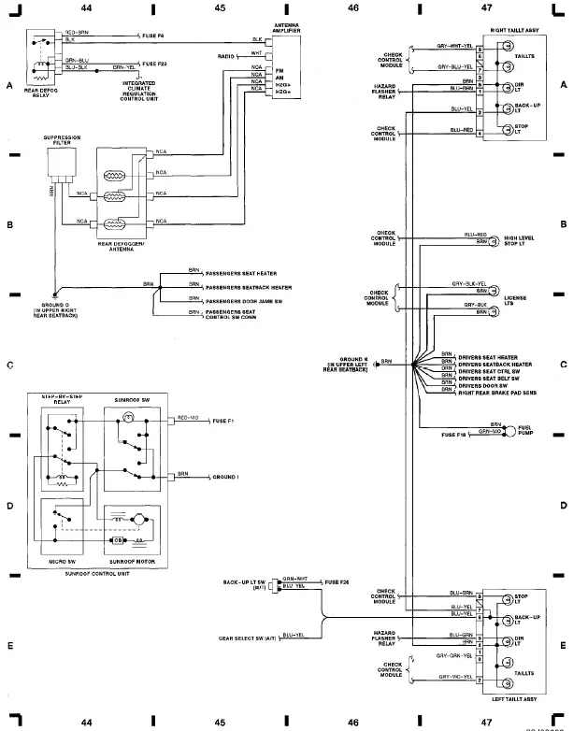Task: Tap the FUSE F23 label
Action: (x=156, y=64)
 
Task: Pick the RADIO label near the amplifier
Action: (x=224, y=56)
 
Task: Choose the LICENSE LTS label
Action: (x=515, y=300)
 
